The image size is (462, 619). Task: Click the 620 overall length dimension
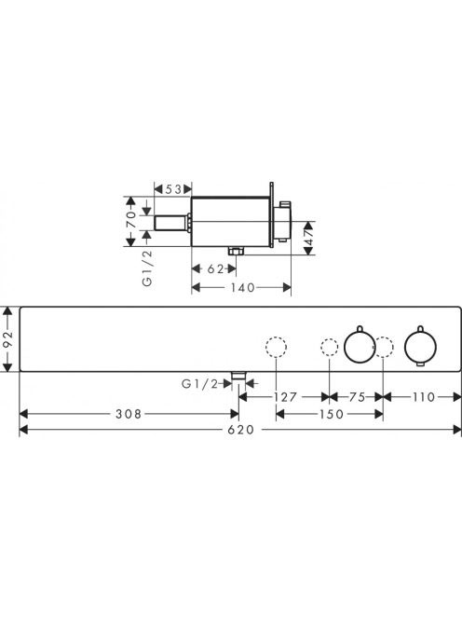coord(241,430)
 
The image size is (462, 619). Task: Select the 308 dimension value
coord(129,414)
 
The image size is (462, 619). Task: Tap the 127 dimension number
coord(285,397)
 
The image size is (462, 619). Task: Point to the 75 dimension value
coord(357,397)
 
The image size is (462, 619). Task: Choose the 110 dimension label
coord(423,397)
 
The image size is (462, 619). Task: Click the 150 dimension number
coord(331,414)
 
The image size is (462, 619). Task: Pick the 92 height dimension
coord(8,339)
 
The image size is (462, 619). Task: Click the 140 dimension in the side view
coord(242,287)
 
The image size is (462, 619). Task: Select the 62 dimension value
coord(216,268)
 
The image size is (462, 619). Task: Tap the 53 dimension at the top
coord(173,189)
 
